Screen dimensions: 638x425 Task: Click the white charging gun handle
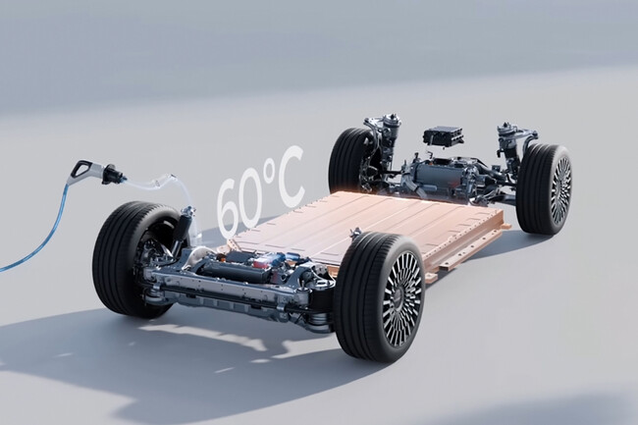(x=83, y=170)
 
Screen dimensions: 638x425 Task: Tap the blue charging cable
(x=45, y=228)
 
